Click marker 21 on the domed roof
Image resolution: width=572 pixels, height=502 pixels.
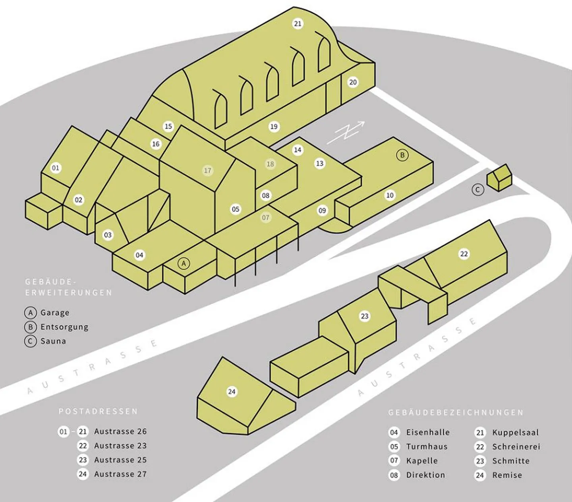tap(298, 24)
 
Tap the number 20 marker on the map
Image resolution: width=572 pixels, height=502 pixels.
tap(353, 83)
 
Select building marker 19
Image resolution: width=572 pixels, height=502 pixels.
tap(274, 127)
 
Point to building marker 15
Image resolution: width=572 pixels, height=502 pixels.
tap(168, 126)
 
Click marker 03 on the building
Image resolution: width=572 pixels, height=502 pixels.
tap(108, 235)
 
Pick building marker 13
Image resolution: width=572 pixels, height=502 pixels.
tap(320, 163)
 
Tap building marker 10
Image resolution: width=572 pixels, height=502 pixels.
tap(390, 195)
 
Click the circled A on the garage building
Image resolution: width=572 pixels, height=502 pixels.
tap(184, 264)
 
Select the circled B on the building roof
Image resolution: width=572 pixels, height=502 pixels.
tap(402, 155)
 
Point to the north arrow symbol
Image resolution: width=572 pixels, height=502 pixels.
tap(346, 133)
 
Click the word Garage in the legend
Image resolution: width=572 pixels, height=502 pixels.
tap(55, 313)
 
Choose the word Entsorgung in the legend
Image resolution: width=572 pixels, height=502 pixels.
tap(64, 327)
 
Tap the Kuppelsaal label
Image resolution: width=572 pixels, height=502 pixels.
tap(516, 433)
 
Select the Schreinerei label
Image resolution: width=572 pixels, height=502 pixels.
tap(516, 447)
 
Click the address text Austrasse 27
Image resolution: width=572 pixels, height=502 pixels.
tap(120, 474)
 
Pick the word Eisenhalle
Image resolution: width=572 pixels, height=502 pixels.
tap(428, 432)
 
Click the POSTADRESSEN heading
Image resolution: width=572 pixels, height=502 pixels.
tap(98, 412)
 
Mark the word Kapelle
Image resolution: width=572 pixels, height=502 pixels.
tap(422, 461)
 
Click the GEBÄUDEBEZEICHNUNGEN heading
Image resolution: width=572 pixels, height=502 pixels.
tap(456, 413)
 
